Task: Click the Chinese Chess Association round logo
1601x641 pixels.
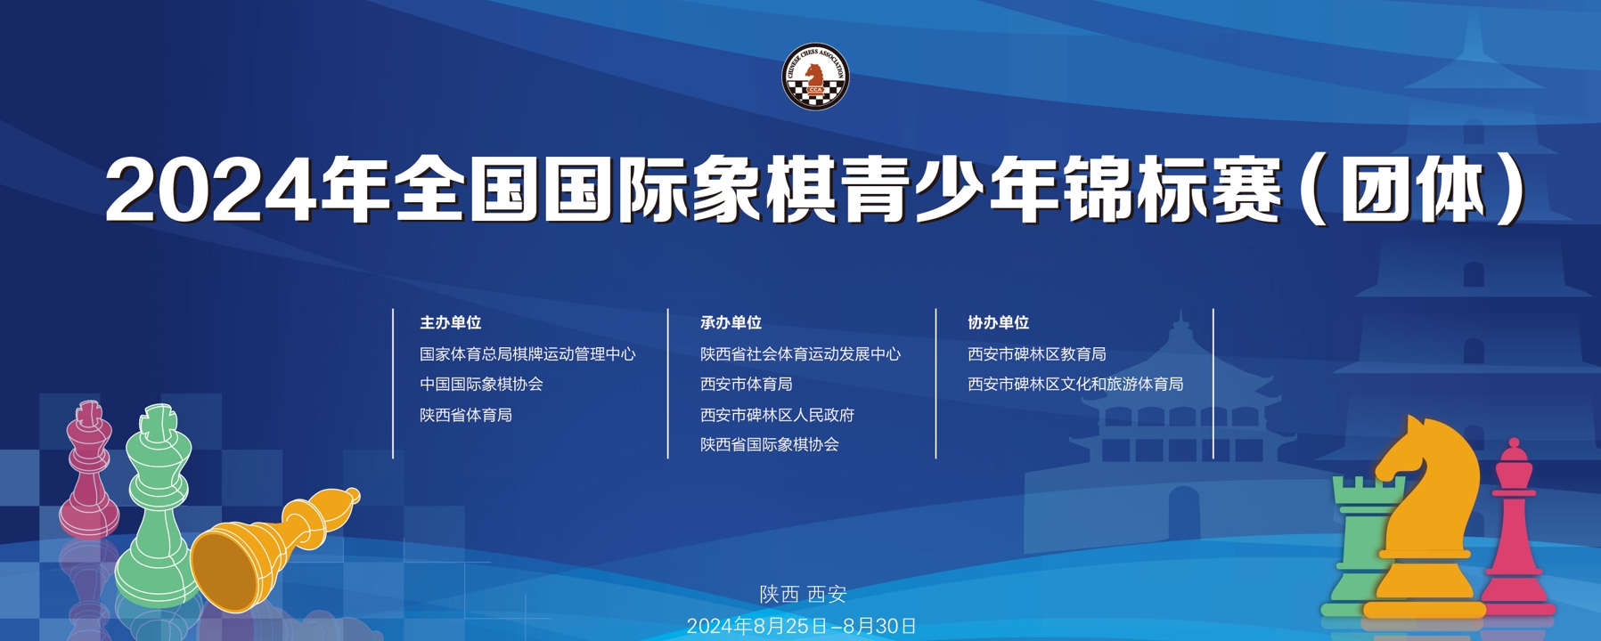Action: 815,77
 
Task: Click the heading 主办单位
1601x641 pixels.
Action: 451,322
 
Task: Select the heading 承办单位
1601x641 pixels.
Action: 731,322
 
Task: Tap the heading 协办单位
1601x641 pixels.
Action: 999,322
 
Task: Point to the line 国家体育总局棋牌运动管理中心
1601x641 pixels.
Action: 527,354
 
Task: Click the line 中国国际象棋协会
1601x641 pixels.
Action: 481,385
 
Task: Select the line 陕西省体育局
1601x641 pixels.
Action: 466,415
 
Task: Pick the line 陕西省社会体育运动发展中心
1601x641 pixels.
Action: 800,354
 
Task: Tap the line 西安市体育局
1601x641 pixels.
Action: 746,385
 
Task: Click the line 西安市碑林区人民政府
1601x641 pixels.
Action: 777,415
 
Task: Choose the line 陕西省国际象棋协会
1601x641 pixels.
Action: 769,444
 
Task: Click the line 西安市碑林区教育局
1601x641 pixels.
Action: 1037,354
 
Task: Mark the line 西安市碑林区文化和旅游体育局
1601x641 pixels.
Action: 1075,385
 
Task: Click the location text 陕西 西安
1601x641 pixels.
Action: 803,595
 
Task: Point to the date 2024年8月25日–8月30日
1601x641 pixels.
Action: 801,626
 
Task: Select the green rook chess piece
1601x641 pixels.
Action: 1359,543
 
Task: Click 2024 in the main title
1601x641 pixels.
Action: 211,191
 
